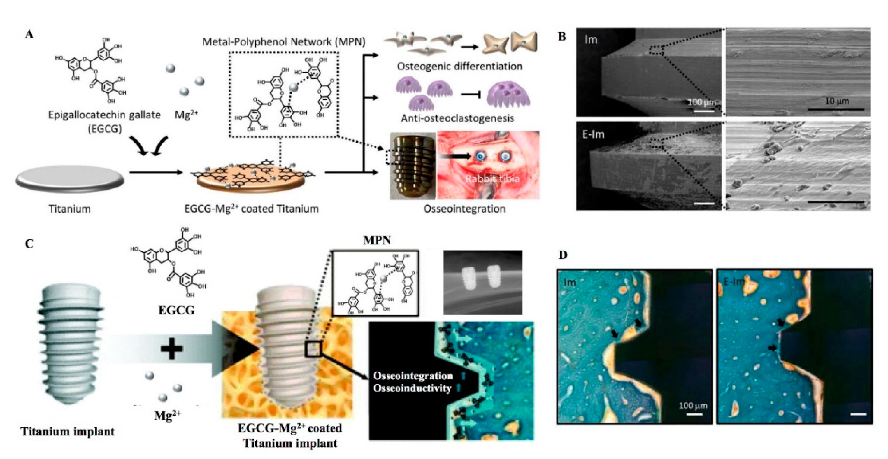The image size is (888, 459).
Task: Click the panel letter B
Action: (x=562, y=36)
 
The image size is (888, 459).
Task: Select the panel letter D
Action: (x=562, y=255)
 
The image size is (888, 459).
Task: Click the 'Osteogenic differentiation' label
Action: (x=459, y=66)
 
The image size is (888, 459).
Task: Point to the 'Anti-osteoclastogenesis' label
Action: (x=457, y=118)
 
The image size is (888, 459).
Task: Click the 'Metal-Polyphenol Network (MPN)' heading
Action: (x=283, y=42)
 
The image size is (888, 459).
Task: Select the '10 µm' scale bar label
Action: (x=837, y=101)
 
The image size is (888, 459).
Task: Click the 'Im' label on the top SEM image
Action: (x=591, y=40)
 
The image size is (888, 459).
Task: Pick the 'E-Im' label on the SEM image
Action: (x=593, y=134)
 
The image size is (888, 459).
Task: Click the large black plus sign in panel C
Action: (x=172, y=349)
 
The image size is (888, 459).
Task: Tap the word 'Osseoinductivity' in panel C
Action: (x=412, y=388)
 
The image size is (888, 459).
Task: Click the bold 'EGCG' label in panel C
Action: (x=176, y=310)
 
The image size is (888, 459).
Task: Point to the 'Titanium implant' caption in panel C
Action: (x=68, y=432)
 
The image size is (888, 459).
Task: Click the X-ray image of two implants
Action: (x=482, y=282)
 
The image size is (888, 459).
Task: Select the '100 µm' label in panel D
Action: (x=693, y=406)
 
